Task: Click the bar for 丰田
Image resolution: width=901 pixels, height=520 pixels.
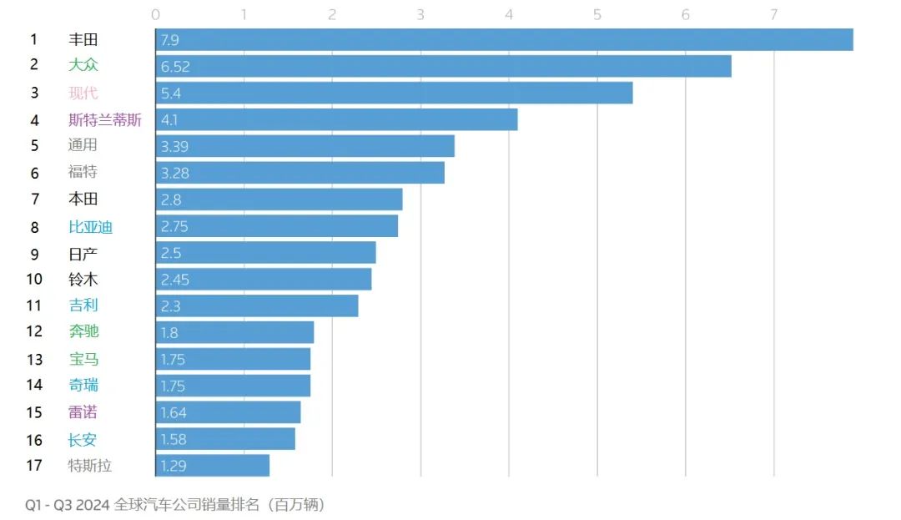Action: pos(504,39)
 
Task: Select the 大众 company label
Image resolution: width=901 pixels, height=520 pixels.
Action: pos(83,65)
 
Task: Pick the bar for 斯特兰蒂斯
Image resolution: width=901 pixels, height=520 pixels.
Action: pos(336,119)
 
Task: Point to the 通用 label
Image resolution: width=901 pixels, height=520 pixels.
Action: pos(83,145)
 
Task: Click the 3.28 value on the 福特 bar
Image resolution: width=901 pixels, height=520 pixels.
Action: pos(174,173)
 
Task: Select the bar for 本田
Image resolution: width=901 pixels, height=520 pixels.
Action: pos(279,199)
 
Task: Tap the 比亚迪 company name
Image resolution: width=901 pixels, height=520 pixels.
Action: pos(90,226)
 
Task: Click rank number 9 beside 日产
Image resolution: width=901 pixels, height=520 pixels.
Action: pos(34,253)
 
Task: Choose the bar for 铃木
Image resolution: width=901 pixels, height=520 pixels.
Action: pos(264,279)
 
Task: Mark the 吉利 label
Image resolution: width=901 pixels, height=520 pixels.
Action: pos(83,305)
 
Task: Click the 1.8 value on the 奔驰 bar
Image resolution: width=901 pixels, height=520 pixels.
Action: pos(169,332)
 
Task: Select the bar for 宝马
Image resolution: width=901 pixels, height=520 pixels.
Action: pos(233,359)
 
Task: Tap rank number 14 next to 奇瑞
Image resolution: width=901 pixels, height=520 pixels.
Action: pos(34,385)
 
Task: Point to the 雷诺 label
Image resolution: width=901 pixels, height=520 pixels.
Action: pos(83,412)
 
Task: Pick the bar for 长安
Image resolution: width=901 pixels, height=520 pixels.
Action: pos(225,439)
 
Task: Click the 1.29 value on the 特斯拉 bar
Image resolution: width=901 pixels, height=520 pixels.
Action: pos(174,466)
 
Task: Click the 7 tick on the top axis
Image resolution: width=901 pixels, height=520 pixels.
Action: pos(773,14)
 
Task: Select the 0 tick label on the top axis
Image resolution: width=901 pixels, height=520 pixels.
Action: pos(156,14)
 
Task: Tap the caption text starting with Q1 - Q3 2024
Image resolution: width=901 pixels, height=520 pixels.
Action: pos(175,504)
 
